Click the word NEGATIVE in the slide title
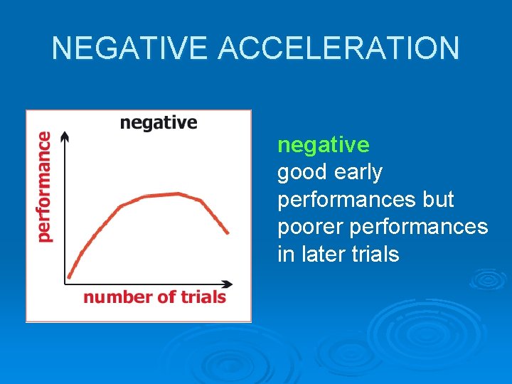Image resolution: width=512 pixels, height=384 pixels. click(132, 48)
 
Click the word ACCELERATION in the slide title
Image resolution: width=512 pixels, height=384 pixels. click(339, 48)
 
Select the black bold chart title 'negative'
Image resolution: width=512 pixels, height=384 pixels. click(159, 123)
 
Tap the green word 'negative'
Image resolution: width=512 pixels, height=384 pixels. click(323, 145)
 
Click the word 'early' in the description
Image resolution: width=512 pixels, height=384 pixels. click(360, 173)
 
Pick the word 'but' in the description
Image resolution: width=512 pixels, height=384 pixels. click(438, 200)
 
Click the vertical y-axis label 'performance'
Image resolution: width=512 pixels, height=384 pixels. click(44, 187)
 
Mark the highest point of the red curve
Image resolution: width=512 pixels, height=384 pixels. click(178, 193)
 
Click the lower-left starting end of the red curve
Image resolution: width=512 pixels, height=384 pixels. click(70, 276)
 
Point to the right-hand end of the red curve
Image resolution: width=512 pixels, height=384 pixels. click(228, 232)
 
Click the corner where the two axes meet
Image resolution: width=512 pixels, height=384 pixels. click(65, 283)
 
